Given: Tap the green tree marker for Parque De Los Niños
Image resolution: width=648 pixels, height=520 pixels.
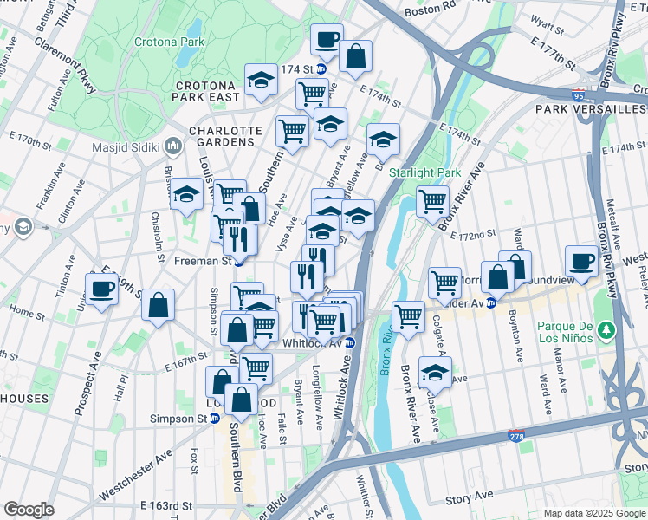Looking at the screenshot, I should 607,329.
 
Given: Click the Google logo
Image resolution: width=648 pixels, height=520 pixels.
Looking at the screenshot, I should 29,510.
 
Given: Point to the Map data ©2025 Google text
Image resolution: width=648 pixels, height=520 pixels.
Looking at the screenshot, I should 593,513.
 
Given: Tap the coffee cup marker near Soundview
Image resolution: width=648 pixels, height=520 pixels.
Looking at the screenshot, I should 581,260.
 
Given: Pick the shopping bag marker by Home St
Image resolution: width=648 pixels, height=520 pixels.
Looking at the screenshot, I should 158,304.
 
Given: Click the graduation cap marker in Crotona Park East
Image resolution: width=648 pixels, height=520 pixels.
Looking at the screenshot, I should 260,81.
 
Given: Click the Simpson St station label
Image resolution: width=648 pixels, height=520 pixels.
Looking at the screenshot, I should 194,418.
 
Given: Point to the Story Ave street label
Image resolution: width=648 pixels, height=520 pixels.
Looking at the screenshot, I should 470,498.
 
